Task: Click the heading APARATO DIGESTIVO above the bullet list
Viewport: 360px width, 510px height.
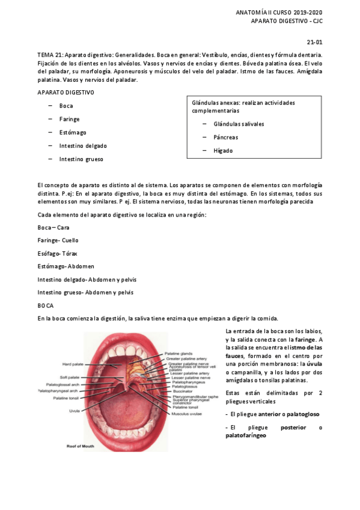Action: click(x=66, y=93)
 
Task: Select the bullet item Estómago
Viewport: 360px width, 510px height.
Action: click(x=73, y=132)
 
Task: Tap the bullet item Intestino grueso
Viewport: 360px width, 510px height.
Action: click(x=81, y=159)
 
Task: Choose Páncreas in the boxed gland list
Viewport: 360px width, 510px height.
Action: click(x=225, y=137)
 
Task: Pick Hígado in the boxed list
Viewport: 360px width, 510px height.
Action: click(x=223, y=150)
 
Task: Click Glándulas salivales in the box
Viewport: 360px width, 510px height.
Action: click(x=239, y=124)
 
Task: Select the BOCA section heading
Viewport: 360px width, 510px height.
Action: click(x=46, y=306)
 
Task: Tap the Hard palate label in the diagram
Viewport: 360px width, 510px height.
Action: click(x=73, y=364)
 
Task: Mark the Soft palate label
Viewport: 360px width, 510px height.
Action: click(x=74, y=378)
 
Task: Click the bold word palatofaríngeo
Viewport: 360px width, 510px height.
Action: click(x=247, y=435)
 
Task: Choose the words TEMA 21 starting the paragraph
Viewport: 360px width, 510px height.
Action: click(x=50, y=55)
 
